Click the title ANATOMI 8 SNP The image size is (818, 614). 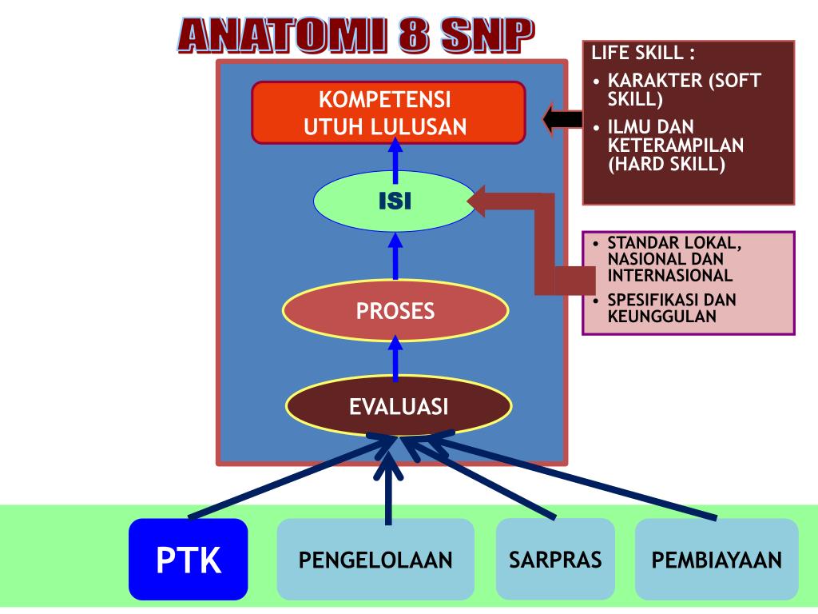(x=355, y=36)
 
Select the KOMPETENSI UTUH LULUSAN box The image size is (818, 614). (x=388, y=113)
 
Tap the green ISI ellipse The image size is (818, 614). (x=395, y=201)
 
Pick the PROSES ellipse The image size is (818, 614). (x=395, y=310)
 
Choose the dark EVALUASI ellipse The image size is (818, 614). (x=398, y=407)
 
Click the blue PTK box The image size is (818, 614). (x=189, y=560)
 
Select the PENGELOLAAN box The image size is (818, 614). (x=375, y=560)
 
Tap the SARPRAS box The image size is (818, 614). (x=555, y=559)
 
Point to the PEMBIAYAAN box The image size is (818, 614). (x=717, y=560)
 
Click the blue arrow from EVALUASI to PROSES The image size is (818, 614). (x=395, y=358)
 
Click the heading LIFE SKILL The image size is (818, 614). (x=643, y=54)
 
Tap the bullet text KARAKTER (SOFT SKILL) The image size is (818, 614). (x=684, y=90)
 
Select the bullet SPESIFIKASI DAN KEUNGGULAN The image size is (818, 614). (x=671, y=308)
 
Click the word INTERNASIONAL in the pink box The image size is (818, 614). (x=669, y=275)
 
